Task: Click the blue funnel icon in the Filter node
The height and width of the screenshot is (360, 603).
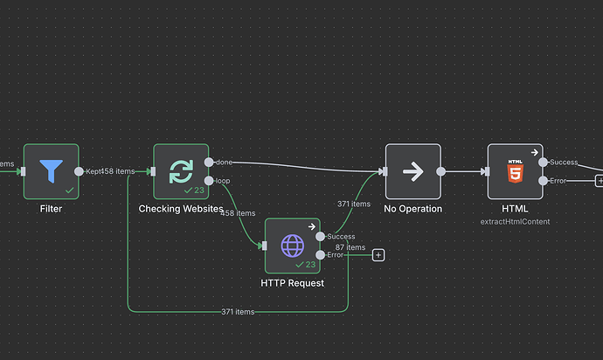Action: coord(51,170)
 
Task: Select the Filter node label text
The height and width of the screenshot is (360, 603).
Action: coord(51,209)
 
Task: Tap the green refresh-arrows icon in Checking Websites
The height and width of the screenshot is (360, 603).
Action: coord(181,170)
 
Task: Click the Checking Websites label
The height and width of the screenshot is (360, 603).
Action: coord(181,209)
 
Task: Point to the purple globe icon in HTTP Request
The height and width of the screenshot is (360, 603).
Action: coord(291,245)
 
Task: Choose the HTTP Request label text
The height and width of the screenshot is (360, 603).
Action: coord(292,283)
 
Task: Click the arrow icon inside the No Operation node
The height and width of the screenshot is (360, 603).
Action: coord(412,171)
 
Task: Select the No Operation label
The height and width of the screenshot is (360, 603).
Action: coord(413,209)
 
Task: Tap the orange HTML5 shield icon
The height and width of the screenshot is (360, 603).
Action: coord(515,171)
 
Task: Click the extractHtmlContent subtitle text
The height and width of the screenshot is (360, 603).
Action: coord(515,222)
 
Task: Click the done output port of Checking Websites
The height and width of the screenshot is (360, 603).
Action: coord(209,163)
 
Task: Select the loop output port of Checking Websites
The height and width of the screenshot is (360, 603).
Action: coord(209,181)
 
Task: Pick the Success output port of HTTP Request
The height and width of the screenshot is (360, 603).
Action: coord(320,237)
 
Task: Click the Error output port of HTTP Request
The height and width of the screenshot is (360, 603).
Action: coord(320,255)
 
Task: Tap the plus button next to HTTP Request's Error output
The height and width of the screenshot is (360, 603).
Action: coord(378,255)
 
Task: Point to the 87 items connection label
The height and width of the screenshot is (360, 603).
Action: coord(350,247)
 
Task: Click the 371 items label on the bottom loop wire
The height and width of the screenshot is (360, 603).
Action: coord(237,311)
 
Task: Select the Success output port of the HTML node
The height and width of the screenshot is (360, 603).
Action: coord(543,163)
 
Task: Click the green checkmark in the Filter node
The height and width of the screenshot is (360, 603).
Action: coord(69,190)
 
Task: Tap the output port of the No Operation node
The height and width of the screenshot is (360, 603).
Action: coord(440,171)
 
